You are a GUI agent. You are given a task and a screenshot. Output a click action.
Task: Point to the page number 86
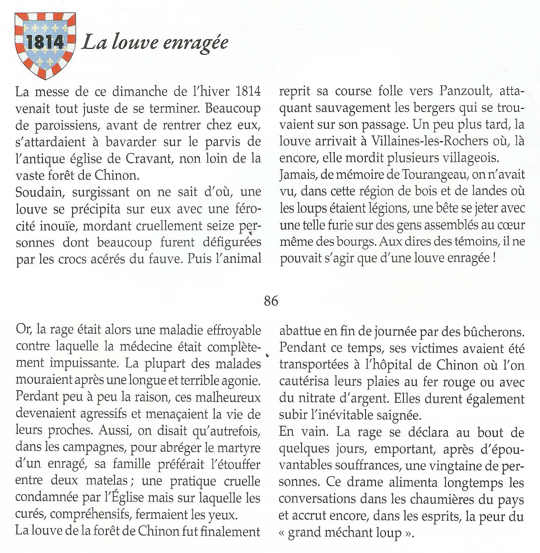[271, 301]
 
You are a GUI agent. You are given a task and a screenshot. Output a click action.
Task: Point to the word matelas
[107, 481]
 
